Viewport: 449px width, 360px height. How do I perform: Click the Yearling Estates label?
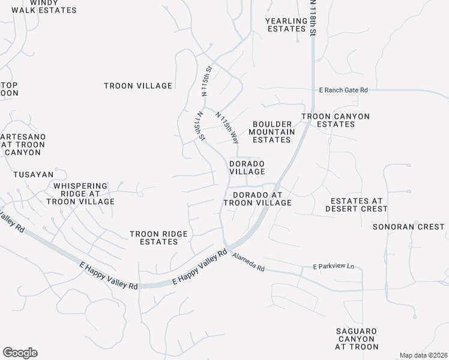(286, 25)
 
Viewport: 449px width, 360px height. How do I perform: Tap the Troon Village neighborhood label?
(138, 86)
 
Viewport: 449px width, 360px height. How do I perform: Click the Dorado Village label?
(247, 167)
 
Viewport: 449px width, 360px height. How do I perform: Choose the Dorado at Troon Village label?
(258, 199)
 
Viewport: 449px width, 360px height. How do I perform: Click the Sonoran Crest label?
(409, 227)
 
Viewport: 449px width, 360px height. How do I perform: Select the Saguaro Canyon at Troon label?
(357, 339)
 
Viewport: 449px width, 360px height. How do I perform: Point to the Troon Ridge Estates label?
(158, 238)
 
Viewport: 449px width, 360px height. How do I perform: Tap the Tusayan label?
(33, 175)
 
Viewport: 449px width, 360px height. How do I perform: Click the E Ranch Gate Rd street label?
(343, 90)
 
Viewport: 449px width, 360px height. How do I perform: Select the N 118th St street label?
(312, 18)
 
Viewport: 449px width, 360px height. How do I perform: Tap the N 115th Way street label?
(228, 128)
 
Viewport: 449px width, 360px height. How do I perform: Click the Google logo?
(20, 353)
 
